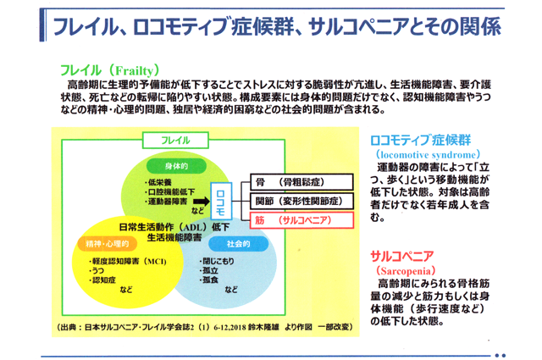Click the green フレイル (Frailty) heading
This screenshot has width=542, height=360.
coord(109,70)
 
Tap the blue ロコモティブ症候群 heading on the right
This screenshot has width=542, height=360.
coord(420,140)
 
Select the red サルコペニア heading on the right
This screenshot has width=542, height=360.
coord(402,257)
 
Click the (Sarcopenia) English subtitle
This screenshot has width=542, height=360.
coord(406,270)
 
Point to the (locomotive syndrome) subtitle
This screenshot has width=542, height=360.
coord(428,154)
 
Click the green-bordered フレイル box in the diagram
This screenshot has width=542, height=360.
coord(175,140)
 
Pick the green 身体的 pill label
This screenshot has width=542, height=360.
coord(176,166)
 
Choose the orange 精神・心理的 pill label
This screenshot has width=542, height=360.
coord(108,244)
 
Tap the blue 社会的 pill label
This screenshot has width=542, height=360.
coord(239,244)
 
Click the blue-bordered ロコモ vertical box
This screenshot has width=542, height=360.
coord(221,202)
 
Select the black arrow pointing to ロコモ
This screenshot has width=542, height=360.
coord(202,202)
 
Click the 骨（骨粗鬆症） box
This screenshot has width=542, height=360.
coord(301,182)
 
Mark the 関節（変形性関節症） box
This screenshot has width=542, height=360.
coord(301,201)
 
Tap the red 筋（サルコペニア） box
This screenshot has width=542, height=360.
coord(301,220)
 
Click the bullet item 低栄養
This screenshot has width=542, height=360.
coord(158,182)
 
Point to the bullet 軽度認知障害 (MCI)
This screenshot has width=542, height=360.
coord(128,261)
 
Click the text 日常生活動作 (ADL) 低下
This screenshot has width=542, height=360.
coord(174,227)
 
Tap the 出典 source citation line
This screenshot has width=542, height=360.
coord(204,327)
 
